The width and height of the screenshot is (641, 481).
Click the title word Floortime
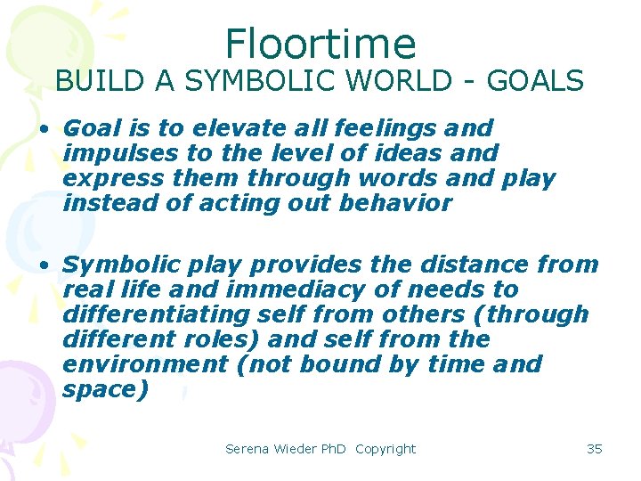320,43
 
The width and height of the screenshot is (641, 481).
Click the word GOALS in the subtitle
539,81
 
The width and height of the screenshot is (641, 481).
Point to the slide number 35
595,449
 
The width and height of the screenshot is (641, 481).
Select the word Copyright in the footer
385,449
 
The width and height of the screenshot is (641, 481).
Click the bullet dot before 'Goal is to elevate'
43,129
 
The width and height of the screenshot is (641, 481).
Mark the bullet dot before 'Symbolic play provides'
43,265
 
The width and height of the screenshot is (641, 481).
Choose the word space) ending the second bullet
106,389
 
